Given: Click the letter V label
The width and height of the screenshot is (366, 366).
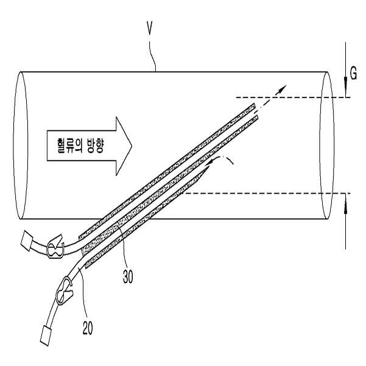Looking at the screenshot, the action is point(150,28).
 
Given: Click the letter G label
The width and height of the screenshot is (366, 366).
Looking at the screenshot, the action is point(353,73).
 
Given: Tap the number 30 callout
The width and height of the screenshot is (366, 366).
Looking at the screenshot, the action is point(128,276).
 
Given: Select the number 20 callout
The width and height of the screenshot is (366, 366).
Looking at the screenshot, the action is point(88,328).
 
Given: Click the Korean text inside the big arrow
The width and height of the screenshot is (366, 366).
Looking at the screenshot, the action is point(80,146).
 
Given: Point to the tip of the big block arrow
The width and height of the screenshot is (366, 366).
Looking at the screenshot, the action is point(132,146).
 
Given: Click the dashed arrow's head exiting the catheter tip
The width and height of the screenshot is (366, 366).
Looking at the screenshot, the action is point(283,88).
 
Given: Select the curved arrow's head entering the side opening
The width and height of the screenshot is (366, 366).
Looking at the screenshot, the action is point(209,163).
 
